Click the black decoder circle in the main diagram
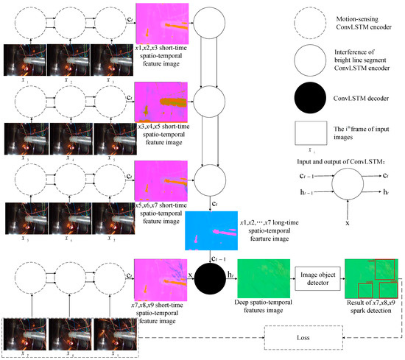pyautogui.click(x=212, y=276)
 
